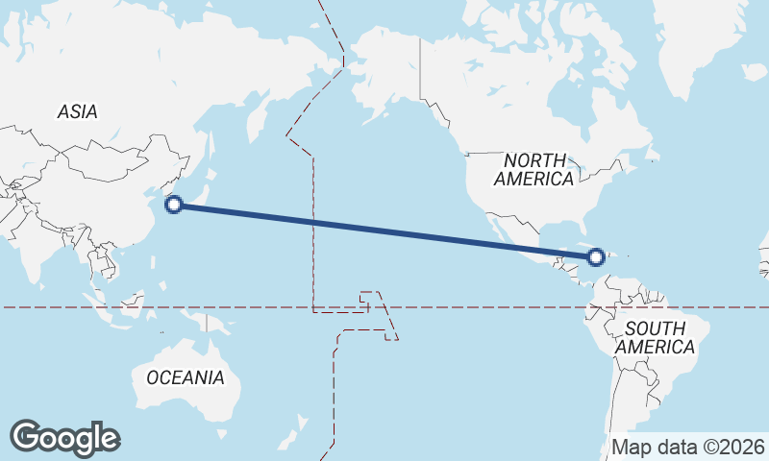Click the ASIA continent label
(77, 112)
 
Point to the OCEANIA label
(186, 377)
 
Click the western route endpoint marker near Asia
(174, 204)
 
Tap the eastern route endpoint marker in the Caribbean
(596, 256)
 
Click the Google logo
(65, 437)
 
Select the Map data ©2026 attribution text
(688, 447)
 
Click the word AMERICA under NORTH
(534, 179)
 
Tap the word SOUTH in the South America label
(655, 328)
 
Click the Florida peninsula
(578, 231)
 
